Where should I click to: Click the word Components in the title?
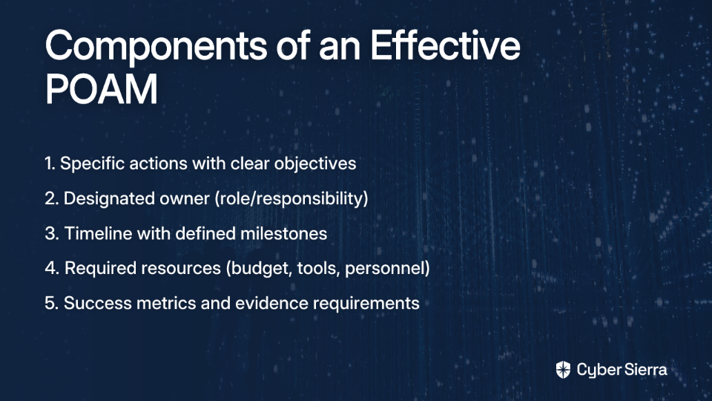156,46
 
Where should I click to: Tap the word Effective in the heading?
445,45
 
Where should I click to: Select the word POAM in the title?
102,88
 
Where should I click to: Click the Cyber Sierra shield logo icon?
563,370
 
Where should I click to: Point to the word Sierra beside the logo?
645,370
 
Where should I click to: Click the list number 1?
50,163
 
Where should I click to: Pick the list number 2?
52,198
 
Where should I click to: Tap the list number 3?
52,233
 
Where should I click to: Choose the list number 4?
52,268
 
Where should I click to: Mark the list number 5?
52,303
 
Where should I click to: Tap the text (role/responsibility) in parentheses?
291,199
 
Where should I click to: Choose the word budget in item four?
259,269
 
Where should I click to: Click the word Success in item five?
98,303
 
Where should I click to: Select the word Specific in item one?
92,164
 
